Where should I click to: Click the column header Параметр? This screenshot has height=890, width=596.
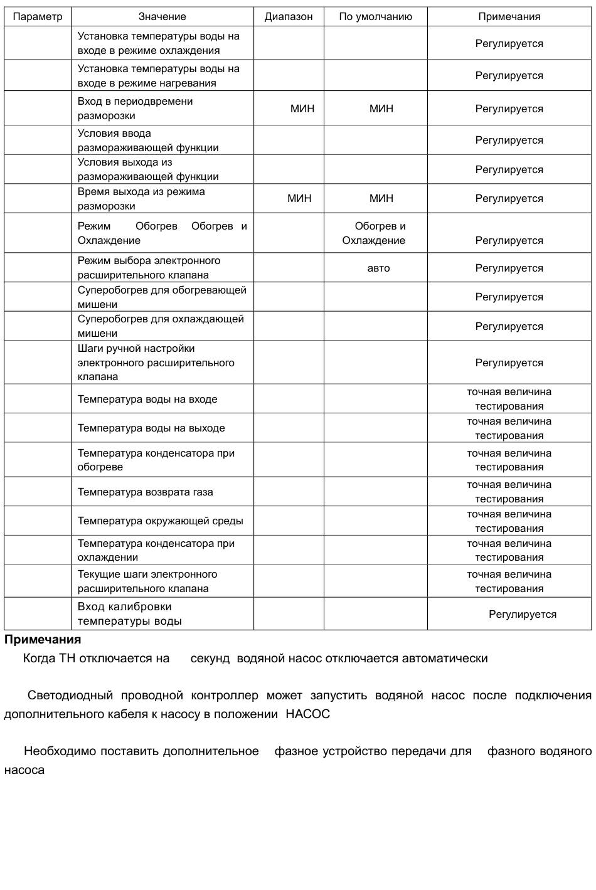click(x=38, y=17)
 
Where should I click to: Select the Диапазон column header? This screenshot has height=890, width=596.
click(x=289, y=17)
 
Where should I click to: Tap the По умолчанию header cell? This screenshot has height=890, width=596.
click(x=375, y=17)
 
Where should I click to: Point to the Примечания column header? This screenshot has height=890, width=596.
click(x=509, y=17)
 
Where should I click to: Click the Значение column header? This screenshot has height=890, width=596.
click(x=162, y=17)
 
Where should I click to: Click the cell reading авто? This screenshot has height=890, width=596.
click(x=378, y=268)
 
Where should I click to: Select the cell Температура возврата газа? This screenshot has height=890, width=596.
click(x=146, y=492)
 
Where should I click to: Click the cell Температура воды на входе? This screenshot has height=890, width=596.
click(x=147, y=400)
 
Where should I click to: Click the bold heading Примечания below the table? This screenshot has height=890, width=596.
click(x=43, y=640)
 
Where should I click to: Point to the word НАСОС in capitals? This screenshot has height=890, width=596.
click(x=307, y=714)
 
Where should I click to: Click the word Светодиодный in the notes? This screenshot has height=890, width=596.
click(x=70, y=696)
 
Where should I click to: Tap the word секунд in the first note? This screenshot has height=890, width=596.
click(x=210, y=659)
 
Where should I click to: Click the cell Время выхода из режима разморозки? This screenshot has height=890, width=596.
click(x=141, y=199)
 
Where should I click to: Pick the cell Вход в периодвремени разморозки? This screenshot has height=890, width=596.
click(x=135, y=109)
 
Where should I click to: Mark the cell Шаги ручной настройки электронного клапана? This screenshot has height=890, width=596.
click(x=156, y=363)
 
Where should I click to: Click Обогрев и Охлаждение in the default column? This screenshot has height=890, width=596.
click(x=375, y=233)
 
